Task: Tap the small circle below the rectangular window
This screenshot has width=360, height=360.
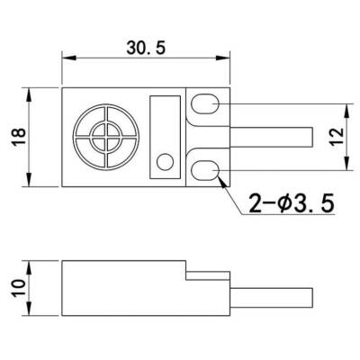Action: (x=165, y=162)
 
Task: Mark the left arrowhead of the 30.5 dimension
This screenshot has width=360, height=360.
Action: (x=66, y=56)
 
